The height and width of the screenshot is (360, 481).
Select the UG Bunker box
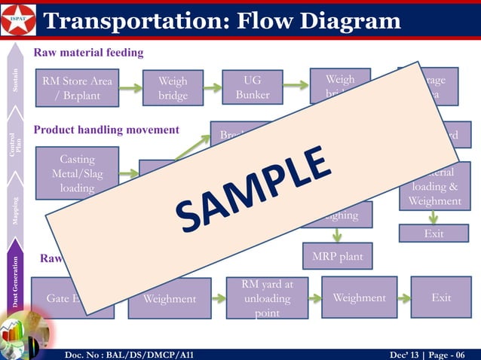tap(252, 87)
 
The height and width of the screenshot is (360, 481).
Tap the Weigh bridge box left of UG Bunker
tap(173, 87)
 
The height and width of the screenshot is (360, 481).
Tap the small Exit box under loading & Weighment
tap(433, 234)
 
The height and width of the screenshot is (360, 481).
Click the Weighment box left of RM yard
tap(170, 299)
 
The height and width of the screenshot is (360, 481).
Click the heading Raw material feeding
tap(88, 53)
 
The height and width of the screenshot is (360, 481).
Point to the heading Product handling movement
tap(106, 130)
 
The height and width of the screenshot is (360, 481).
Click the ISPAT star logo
tap(17, 20)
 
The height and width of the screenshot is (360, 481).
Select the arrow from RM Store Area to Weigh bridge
tap(130, 87)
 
